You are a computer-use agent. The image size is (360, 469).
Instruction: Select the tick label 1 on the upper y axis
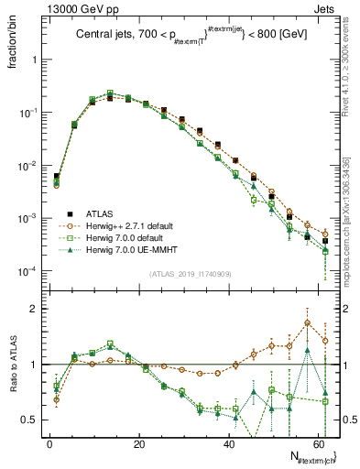tap(36, 60)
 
